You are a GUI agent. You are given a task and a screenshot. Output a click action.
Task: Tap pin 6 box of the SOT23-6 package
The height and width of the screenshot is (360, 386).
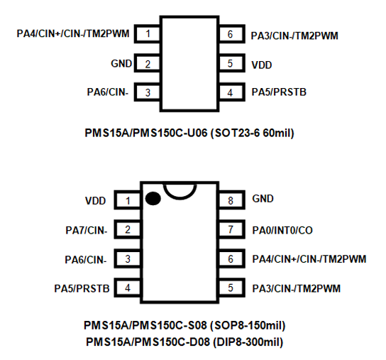[x=231, y=34]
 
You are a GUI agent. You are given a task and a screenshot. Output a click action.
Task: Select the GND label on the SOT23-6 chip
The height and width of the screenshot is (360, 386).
[x=121, y=64]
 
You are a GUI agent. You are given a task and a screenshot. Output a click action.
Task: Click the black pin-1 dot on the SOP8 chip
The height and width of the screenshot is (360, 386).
[x=152, y=199]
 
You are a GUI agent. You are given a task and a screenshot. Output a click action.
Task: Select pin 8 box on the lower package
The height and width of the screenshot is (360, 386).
[x=231, y=201]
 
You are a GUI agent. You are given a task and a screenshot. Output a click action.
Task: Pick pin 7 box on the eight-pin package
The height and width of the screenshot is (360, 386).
[x=231, y=230]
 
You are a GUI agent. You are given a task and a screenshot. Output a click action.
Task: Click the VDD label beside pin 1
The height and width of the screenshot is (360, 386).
[x=95, y=201]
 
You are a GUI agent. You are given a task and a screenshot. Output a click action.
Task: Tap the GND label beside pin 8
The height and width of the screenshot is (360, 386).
[x=263, y=200]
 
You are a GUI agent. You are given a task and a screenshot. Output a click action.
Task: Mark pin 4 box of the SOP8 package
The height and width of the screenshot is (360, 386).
[x=128, y=288]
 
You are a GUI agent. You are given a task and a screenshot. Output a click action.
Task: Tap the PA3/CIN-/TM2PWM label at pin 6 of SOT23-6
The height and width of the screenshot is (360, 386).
[x=294, y=34]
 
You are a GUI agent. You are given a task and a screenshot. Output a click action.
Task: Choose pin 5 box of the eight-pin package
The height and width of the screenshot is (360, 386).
[x=231, y=288]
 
